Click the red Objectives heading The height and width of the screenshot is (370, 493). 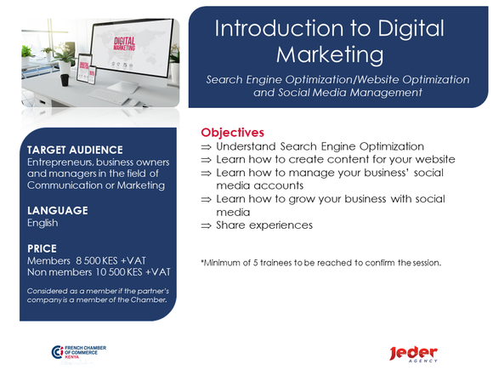click(232, 133)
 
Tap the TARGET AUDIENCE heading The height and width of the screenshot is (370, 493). click(75, 150)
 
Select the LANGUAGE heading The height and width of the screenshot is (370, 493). click(58, 210)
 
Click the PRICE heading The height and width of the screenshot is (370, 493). click(42, 248)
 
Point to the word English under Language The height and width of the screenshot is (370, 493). click(42, 223)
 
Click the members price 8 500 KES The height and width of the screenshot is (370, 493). click(97, 260)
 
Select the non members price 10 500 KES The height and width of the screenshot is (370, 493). click(119, 272)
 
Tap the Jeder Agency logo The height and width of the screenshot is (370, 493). click(413, 354)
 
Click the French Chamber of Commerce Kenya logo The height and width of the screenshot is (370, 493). click(78, 352)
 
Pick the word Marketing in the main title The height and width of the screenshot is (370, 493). click(330, 54)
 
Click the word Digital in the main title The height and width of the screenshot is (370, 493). click(411, 29)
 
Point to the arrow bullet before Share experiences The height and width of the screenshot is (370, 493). click(206, 226)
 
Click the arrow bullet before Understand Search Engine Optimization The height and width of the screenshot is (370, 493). click(206, 147)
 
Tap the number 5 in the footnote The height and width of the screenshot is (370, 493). click(255, 263)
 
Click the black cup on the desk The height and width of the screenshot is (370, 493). click(65, 80)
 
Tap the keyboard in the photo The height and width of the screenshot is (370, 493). click(108, 96)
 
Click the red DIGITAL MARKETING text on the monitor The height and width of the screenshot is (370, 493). click(124, 43)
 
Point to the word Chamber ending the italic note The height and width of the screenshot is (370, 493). click(148, 300)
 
